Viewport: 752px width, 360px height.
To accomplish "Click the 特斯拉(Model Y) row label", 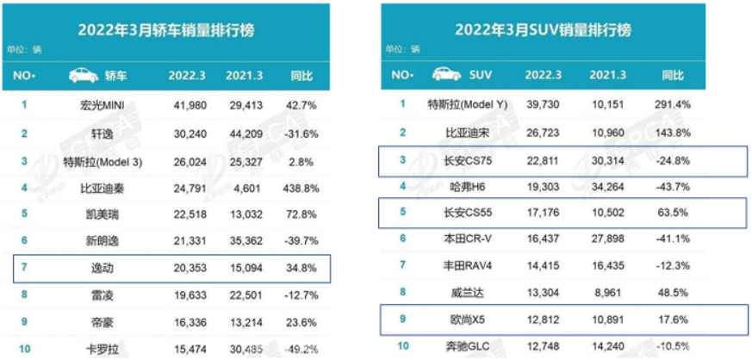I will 469,105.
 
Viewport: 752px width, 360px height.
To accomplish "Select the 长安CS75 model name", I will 469,160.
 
